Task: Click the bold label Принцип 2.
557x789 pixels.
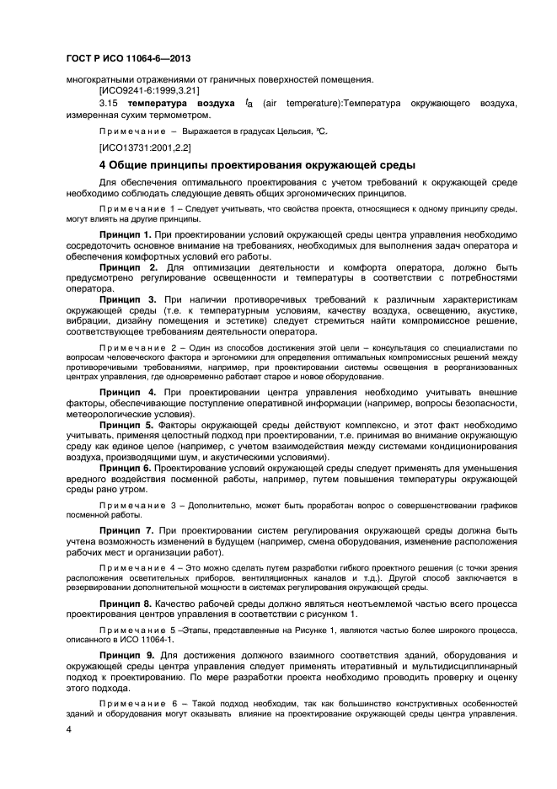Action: click(x=126, y=266)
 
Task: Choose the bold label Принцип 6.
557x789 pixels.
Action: click(x=126, y=466)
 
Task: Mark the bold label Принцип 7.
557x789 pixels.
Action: click(x=126, y=530)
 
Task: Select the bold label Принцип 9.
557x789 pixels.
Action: click(x=126, y=655)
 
